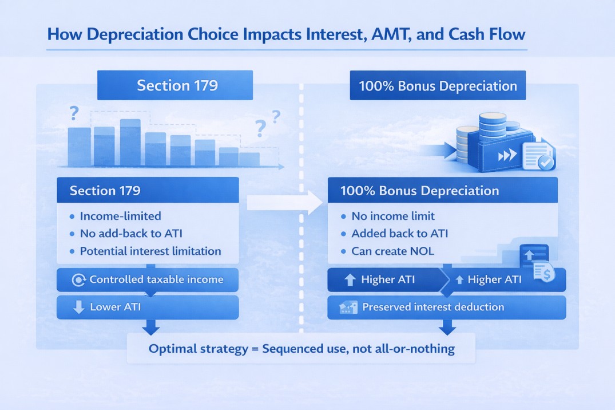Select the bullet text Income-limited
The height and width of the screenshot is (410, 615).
(x=120, y=216)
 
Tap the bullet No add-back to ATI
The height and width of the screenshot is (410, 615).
(x=131, y=234)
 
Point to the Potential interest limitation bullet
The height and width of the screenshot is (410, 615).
(x=150, y=251)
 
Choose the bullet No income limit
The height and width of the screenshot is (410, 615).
(x=393, y=216)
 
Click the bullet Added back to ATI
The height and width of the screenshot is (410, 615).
(x=399, y=234)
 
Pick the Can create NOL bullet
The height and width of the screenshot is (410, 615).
(x=394, y=251)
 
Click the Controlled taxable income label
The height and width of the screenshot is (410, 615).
(x=156, y=280)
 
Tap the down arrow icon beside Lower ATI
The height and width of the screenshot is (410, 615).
(x=80, y=307)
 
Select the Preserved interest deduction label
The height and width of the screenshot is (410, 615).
(x=433, y=307)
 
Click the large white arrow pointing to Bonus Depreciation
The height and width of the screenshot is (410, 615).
(x=277, y=202)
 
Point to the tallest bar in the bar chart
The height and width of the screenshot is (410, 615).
(x=130, y=142)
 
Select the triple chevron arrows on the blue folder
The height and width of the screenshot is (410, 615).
(x=506, y=156)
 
